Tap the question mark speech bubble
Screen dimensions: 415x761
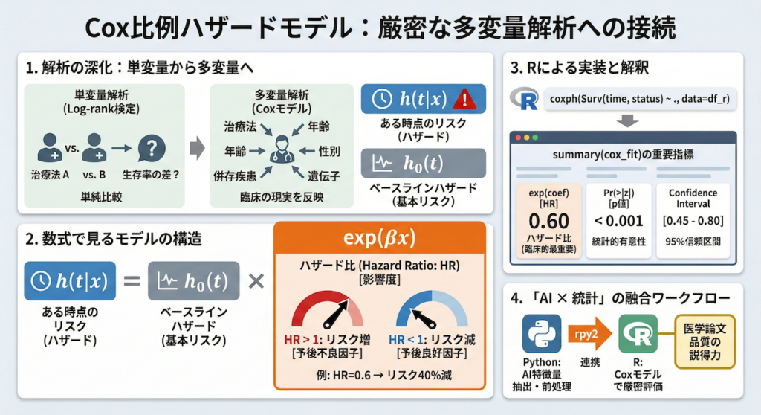pyautogui.click(x=151, y=148)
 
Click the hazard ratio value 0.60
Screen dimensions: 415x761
pyautogui.click(x=549, y=221)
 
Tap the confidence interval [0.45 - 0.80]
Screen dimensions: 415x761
pyautogui.click(x=693, y=221)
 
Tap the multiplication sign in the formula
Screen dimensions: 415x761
pyautogui.click(x=256, y=281)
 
